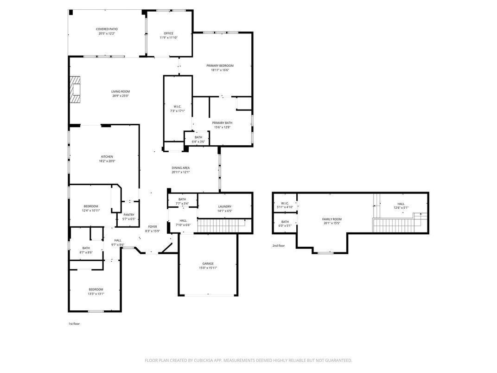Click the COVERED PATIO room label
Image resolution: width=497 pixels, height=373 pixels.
point(107,29)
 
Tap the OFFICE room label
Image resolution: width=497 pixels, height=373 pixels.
point(168,33)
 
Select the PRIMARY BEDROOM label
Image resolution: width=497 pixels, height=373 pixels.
point(220,66)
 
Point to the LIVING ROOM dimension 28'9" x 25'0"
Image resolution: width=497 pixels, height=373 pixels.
point(120,96)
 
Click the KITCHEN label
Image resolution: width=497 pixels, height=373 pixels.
point(107,157)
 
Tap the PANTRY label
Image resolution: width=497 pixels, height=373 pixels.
point(128,215)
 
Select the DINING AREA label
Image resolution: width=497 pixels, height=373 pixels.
point(180,168)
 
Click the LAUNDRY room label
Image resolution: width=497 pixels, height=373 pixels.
point(224,206)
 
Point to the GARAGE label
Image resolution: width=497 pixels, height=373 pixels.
point(208,264)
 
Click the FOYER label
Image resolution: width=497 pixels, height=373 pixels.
point(153,226)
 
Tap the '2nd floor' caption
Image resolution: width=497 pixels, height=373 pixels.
point(279,245)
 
